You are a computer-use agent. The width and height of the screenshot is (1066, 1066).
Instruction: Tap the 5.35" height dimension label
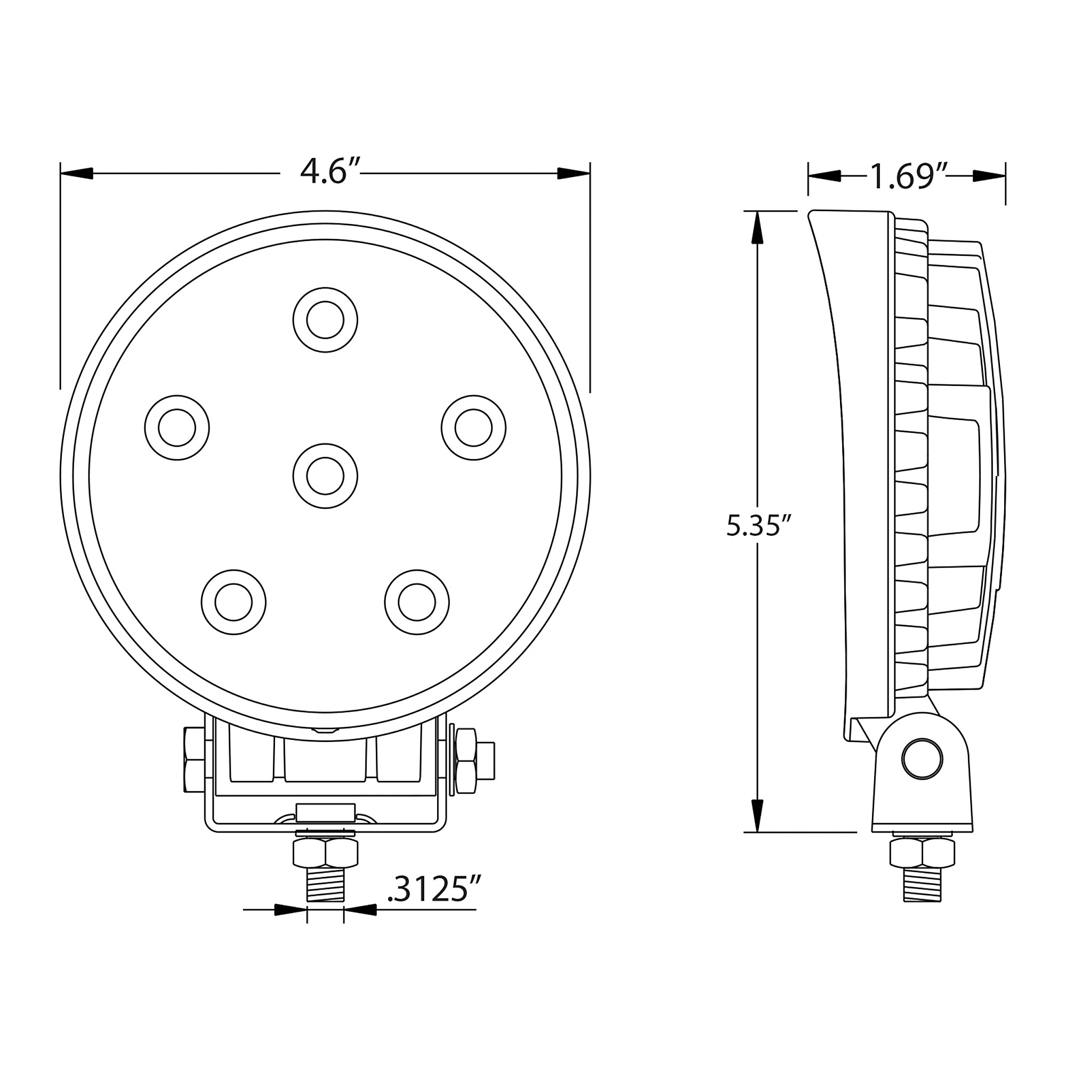tap(759, 526)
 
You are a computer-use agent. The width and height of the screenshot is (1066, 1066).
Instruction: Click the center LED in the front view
tap(326, 476)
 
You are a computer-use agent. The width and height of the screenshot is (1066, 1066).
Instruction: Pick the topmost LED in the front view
tap(326, 320)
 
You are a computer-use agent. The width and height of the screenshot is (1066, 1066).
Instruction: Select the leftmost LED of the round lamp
tap(177, 427)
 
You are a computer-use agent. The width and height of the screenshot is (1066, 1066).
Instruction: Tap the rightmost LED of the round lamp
tap(474, 427)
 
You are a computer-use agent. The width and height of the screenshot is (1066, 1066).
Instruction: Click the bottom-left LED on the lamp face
tap(233, 602)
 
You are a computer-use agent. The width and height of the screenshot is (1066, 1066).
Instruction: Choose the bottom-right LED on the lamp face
tap(417, 602)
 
